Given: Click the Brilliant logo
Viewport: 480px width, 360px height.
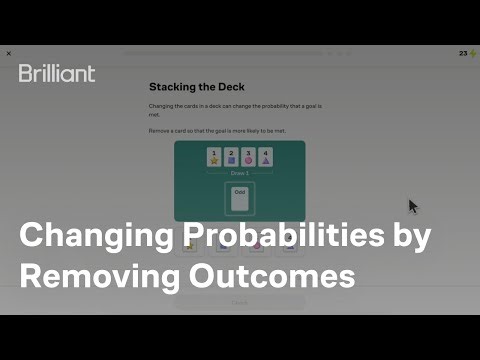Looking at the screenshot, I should click(57, 73).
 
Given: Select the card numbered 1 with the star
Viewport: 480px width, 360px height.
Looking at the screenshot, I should click(214, 157).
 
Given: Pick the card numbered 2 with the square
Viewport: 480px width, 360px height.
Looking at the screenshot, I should click(232, 157).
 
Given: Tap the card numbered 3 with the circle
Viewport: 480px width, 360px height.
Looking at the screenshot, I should click(249, 157).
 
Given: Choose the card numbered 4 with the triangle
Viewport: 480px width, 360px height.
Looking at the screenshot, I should click(266, 157).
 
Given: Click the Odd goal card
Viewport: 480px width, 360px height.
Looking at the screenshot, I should click(240, 198).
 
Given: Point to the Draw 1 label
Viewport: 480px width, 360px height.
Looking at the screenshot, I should click(240, 173).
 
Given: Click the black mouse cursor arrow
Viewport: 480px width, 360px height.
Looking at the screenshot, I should click(413, 206).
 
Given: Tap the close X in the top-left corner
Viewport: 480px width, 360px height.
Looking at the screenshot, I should click(9, 53).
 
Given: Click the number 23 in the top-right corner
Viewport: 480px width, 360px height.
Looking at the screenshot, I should click(462, 54).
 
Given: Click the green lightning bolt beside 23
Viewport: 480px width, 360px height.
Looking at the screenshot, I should click(472, 54).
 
